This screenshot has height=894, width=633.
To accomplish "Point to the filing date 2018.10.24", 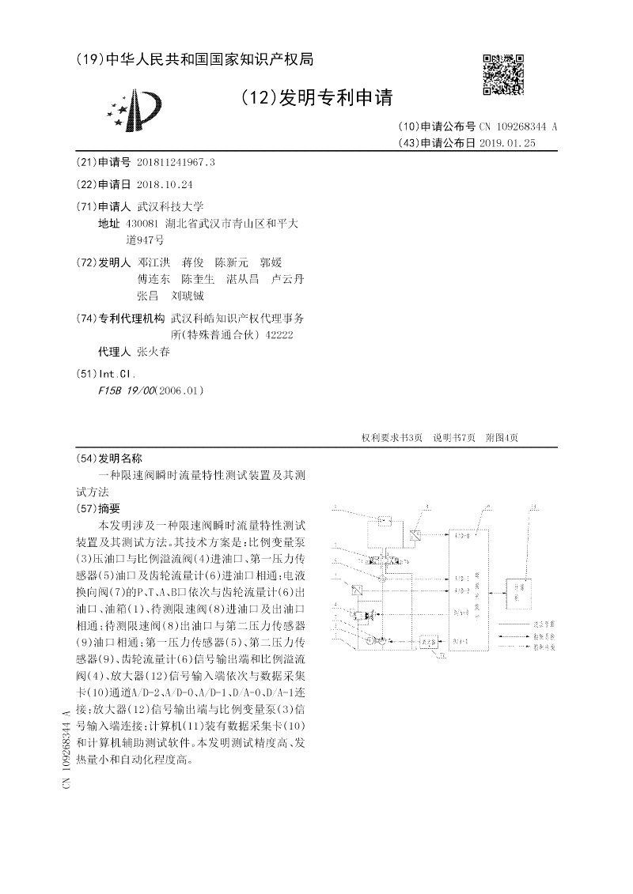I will coord(165,184).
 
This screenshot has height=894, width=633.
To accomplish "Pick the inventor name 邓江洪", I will coord(153,262).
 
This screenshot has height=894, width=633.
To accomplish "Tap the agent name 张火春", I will coord(153,352).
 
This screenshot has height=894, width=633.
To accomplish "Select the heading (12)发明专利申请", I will coord(316,98).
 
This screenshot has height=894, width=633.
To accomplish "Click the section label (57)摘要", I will coord(97,508).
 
